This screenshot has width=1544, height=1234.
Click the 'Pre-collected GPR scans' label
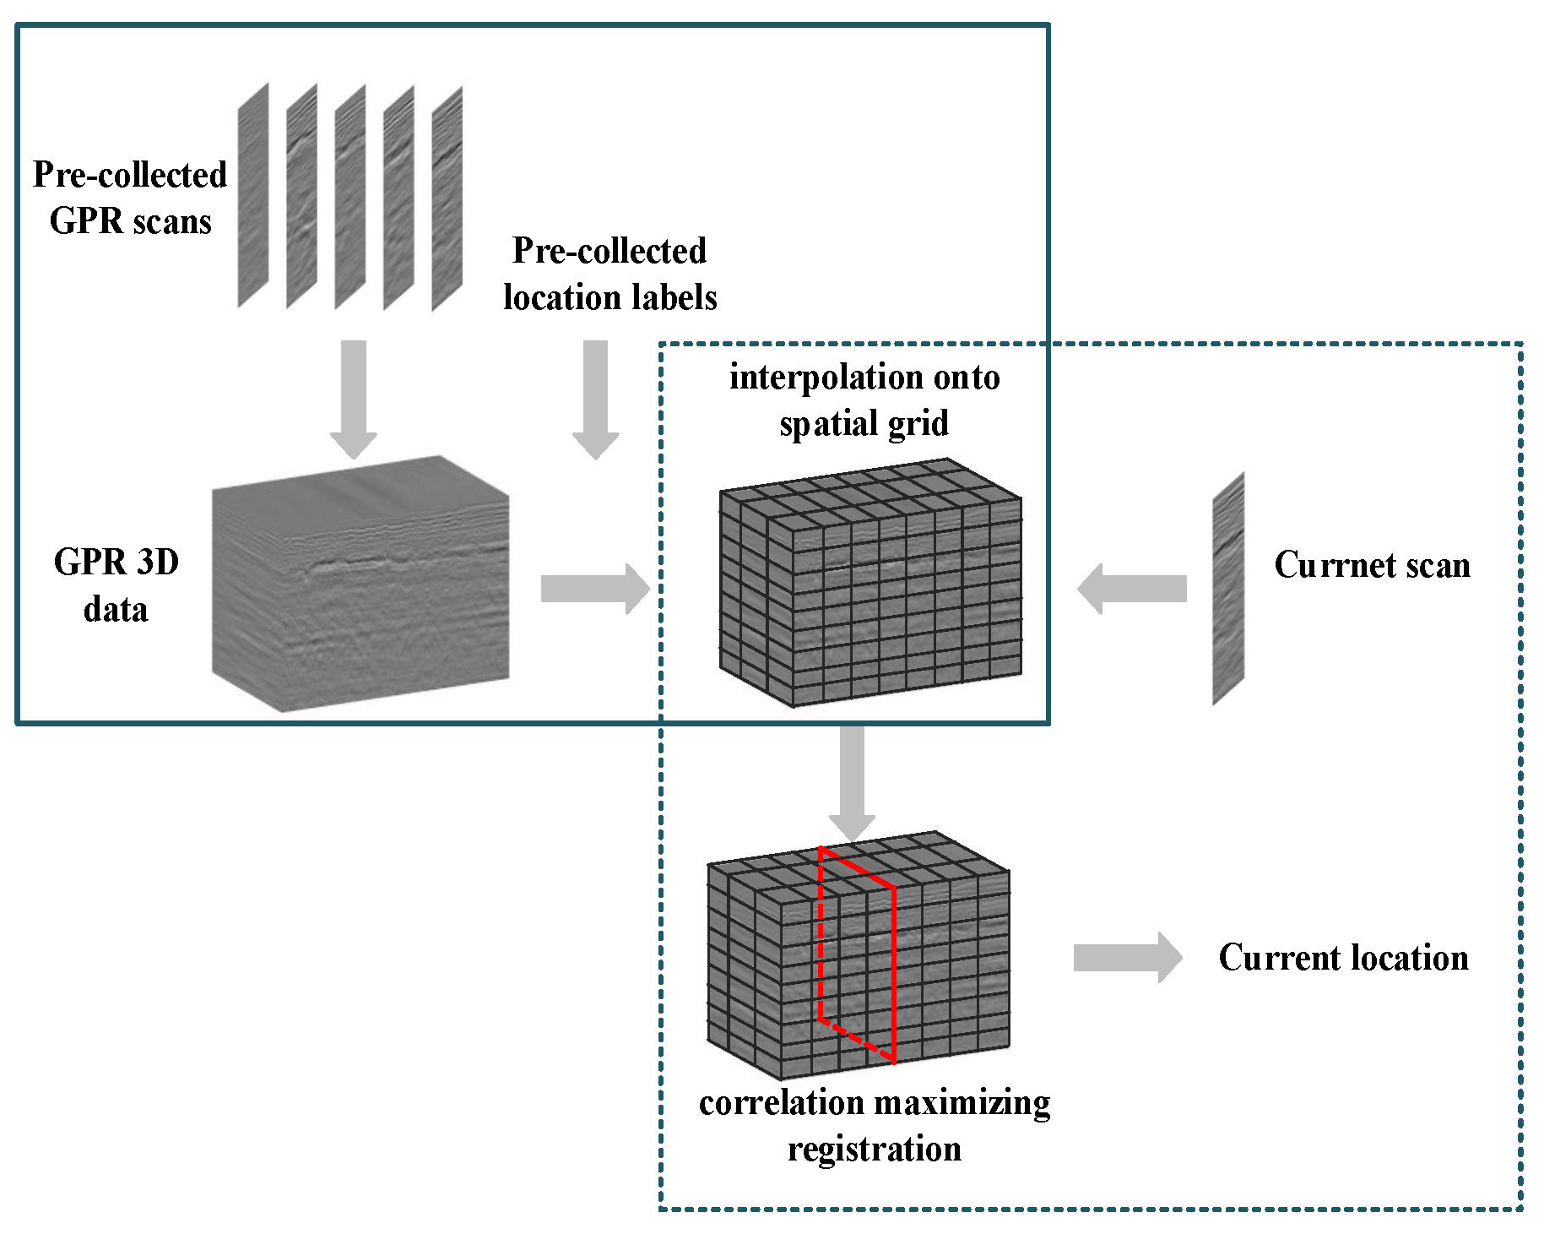tap(130, 198)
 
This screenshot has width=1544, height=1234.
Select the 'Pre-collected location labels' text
tap(609, 274)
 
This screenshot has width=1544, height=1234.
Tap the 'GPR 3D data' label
tap(116, 585)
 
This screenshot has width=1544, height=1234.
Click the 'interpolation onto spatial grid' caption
tap(864, 400)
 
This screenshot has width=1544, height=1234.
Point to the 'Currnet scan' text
tap(1372, 564)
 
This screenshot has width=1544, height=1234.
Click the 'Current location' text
tap(1343, 958)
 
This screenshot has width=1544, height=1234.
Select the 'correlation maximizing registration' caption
tap(875, 1125)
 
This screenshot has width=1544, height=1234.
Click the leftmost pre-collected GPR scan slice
tap(252, 195)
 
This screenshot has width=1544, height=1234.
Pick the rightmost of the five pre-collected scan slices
tap(447, 198)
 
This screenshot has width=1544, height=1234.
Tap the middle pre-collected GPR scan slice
tap(349, 197)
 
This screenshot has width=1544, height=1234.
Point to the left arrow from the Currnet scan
tap(1131, 589)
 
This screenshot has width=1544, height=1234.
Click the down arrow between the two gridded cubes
tap(852, 781)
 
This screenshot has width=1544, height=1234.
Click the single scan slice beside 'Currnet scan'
tap(1228, 589)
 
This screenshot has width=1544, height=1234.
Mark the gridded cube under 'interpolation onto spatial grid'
tap(870, 583)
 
